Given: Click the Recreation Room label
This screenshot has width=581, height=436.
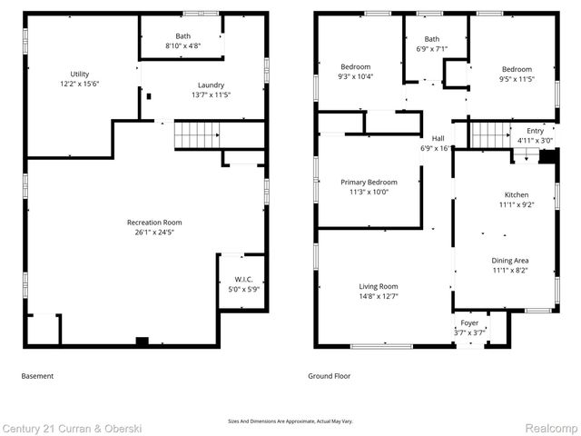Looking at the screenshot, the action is point(154,223).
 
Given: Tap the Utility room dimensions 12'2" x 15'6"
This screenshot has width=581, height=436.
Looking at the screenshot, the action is point(80,84).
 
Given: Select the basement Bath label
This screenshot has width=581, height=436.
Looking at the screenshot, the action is point(183,36).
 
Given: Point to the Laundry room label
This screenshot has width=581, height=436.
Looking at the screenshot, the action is point(211,85).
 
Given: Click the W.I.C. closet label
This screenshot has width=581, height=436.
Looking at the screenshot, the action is point(243,280).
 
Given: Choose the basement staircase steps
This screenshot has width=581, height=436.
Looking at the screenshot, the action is point(197,135).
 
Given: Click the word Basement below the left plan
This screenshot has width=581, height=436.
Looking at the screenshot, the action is point(37,376).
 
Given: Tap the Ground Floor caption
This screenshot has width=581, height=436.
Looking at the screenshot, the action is point(329,376).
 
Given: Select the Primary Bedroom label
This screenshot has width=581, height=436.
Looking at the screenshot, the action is point(369,183).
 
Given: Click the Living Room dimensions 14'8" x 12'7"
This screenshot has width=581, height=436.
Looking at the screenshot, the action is point(379,296).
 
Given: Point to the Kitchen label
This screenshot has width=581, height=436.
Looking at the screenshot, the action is point(517,194).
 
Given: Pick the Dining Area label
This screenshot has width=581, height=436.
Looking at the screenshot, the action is point(510,261).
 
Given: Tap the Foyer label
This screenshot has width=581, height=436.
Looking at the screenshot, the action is point(469,323).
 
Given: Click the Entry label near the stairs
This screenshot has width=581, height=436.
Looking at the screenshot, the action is point(535,131).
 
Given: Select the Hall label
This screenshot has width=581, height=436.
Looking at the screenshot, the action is point(438,138).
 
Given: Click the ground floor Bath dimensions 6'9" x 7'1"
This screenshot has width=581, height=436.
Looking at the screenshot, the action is point(432,49).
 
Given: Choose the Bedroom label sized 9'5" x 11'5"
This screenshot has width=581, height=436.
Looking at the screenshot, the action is point(517,69).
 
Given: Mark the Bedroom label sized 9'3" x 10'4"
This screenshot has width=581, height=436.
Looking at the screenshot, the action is point(356,66).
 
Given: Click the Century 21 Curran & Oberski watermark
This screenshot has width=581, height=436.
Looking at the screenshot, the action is point(72,429).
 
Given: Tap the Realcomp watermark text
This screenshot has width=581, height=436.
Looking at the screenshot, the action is point(551,429).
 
